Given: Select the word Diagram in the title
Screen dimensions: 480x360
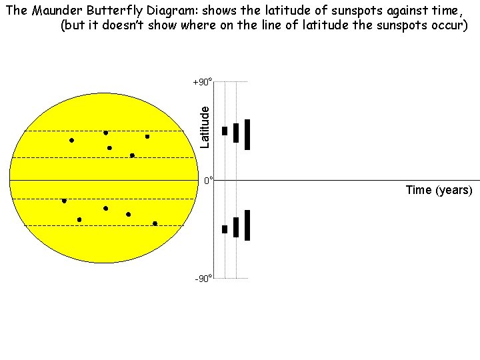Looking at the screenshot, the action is (169, 10).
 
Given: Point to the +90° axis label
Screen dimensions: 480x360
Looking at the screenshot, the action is (202, 83).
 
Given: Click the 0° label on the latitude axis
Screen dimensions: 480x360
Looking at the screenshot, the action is (208, 181).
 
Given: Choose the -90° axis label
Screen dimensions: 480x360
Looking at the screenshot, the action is (203, 278).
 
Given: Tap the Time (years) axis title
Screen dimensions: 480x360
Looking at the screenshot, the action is (439, 190).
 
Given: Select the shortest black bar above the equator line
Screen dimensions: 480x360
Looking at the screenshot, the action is (225, 131).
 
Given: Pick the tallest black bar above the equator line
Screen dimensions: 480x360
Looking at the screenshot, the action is (247, 135).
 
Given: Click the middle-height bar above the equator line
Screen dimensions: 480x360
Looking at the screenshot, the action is (236, 133).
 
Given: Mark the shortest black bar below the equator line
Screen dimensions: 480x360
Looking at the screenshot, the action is (225, 229).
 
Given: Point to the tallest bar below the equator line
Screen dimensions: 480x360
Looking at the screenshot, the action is (247, 225).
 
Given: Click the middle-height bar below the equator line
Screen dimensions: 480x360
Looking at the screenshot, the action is (236, 227).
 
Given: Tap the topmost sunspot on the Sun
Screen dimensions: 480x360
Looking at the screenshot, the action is (105, 133).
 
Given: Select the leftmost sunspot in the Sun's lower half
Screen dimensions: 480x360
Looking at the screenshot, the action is (64, 201).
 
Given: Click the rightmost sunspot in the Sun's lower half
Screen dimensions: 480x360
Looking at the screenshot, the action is (155, 223).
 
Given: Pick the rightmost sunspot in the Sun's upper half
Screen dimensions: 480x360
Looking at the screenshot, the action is (147, 137).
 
